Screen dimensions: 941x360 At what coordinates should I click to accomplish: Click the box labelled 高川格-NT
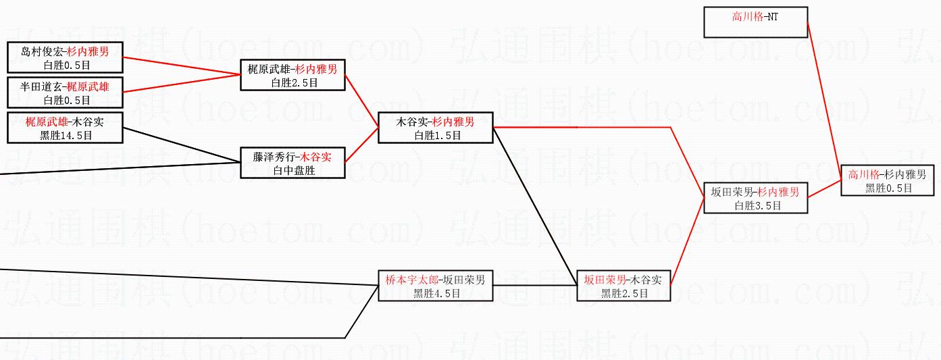click(x=755, y=22)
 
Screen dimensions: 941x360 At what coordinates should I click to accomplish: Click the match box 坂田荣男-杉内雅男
click(x=755, y=197)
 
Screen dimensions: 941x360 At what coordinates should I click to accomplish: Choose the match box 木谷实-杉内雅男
click(x=435, y=127)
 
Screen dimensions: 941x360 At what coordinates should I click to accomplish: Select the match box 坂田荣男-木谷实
click(x=623, y=285)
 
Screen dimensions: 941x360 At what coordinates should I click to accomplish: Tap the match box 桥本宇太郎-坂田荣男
click(x=435, y=285)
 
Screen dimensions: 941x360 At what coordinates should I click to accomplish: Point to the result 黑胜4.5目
click(x=436, y=293)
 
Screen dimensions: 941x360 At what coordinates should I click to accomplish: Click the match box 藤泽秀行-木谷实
click(x=293, y=162)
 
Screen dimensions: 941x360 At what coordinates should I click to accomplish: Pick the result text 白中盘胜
click(x=293, y=170)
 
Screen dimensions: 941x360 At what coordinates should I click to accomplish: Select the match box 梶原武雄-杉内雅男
click(x=293, y=74)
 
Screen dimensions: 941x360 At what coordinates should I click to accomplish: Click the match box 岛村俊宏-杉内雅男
click(x=65, y=57)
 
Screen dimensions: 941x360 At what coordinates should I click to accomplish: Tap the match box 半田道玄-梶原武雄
click(x=65, y=92)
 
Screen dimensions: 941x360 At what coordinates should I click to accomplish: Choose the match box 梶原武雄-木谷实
click(x=65, y=127)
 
